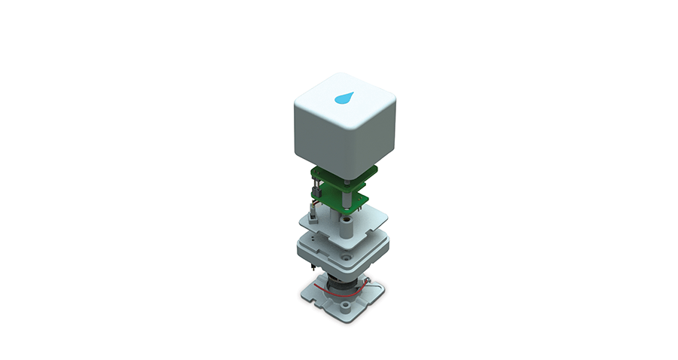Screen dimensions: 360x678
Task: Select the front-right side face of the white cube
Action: (x=369, y=136)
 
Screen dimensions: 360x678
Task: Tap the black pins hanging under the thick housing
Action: (x=310, y=267)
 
